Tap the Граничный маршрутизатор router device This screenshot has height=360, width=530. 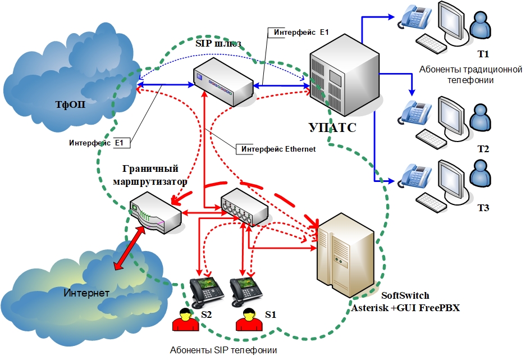point(156,213)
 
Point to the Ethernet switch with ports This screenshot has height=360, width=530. point(244,207)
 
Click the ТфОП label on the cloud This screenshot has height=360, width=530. point(70,104)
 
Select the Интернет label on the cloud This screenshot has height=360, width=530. point(86,293)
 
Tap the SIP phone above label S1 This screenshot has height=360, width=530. point(246,292)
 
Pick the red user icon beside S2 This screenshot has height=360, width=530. point(186,320)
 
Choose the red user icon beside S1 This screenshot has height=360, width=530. point(249,320)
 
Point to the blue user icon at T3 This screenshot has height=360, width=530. point(481,176)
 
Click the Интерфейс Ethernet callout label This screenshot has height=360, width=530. point(278,149)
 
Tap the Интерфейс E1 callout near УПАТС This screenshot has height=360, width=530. point(301,33)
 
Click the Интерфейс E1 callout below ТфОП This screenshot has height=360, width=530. point(97,143)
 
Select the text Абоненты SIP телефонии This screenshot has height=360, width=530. point(223,350)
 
